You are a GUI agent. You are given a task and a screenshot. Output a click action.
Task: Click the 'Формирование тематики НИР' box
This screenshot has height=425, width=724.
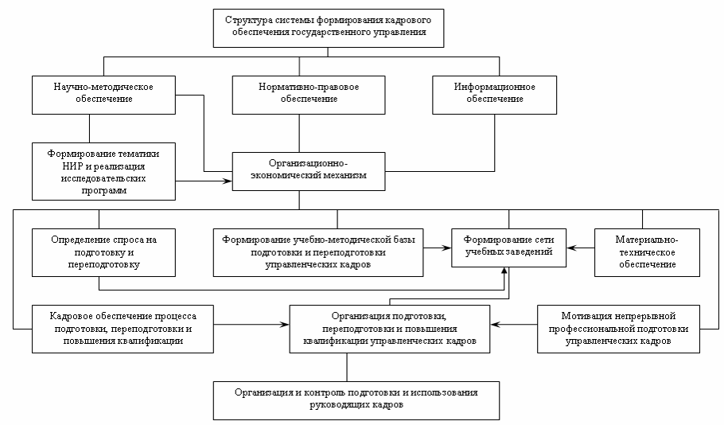(103, 170)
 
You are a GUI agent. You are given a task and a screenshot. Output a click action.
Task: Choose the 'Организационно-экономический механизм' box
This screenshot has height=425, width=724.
(298, 170)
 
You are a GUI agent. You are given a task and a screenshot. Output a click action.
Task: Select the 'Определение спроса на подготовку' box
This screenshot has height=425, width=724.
(103, 251)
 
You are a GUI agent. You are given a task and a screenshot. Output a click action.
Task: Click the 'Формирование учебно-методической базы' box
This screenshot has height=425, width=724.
(317, 251)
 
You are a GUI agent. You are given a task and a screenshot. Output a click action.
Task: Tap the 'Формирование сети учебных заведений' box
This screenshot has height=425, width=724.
(509, 246)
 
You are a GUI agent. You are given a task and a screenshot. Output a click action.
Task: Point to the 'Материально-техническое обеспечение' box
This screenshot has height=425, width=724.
(646, 251)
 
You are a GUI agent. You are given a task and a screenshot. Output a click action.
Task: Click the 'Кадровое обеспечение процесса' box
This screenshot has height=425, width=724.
(123, 328)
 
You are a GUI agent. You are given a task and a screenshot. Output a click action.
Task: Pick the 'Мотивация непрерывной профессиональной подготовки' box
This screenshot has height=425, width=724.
(619, 328)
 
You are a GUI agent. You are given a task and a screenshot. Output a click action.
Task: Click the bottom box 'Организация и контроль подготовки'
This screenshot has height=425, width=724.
(356, 399)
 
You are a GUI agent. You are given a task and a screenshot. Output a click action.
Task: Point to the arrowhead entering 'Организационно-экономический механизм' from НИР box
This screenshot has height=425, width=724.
(228, 181)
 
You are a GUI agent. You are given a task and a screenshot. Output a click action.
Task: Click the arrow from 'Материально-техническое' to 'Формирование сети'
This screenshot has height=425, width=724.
(581, 247)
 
